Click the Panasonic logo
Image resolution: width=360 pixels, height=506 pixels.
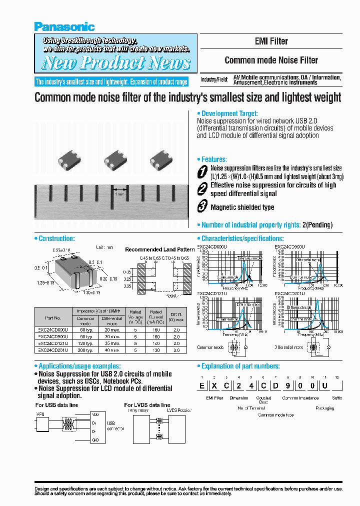[64, 27]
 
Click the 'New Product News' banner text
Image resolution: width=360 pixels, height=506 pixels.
[115, 63]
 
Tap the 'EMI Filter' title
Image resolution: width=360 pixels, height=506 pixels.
[271, 41]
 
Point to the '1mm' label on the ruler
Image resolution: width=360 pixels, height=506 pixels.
[119, 193]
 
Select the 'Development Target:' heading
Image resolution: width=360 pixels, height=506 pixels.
[229, 114]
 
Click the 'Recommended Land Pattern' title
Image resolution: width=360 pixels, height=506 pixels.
[159, 249]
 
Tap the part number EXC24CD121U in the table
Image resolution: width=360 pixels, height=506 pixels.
[52, 343]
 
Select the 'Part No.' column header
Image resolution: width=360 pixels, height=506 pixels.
[52, 317]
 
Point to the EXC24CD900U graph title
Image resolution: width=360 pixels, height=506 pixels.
[289, 247]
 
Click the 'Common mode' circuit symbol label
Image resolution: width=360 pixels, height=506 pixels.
[210, 347]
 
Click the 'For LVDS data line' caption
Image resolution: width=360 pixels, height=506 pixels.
[147, 405]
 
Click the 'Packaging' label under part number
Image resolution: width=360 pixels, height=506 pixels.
[324, 408]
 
